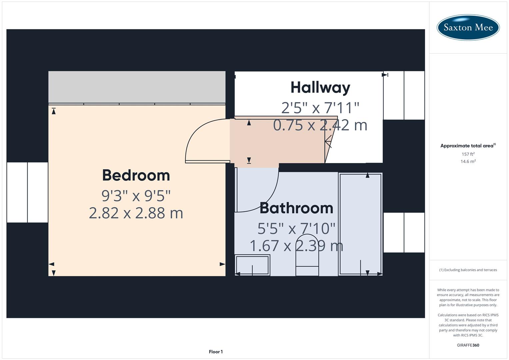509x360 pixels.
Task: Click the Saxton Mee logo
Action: (x=468, y=27)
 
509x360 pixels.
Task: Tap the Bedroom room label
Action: (x=136, y=175)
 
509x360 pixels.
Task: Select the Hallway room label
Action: (x=320, y=88)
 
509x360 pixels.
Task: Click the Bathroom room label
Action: (x=296, y=208)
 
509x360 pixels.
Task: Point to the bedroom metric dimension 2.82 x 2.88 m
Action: (x=136, y=213)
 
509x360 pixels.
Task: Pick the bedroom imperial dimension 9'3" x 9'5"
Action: (x=136, y=196)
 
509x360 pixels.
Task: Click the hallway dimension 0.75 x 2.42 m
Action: (x=320, y=125)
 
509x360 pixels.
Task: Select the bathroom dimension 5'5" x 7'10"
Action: (x=296, y=229)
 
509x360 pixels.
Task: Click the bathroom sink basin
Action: (x=252, y=265)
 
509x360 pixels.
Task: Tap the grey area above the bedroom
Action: (x=137, y=87)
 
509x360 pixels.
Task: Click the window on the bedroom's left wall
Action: (x=27, y=192)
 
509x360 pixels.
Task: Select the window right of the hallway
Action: (x=404, y=95)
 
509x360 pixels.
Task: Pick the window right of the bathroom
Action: (x=404, y=232)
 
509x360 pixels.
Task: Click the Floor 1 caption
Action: (x=216, y=352)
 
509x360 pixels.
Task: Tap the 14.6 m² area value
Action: (x=468, y=161)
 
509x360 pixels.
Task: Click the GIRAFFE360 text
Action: (x=468, y=345)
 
